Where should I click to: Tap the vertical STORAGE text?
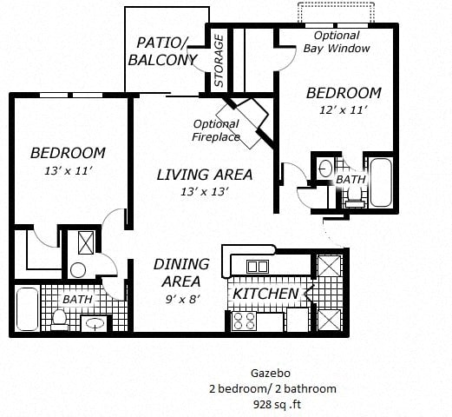(x=219, y=62)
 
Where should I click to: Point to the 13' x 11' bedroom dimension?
(x=68, y=171)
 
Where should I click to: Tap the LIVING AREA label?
(x=205, y=175)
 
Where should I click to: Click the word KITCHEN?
(x=265, y=294)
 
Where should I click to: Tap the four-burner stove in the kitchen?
(x=243, y=321)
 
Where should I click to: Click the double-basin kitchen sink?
(x=259, y=266)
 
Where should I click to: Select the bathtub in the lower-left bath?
(x=27, y=310)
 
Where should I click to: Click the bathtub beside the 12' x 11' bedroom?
(x=381, y=182)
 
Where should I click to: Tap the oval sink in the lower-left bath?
(x=94, y=324)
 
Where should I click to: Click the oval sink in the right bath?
(x=326, y=169)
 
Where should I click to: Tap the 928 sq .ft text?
(x=272, y=403)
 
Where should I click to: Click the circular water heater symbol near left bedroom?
(x=79, y=269)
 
